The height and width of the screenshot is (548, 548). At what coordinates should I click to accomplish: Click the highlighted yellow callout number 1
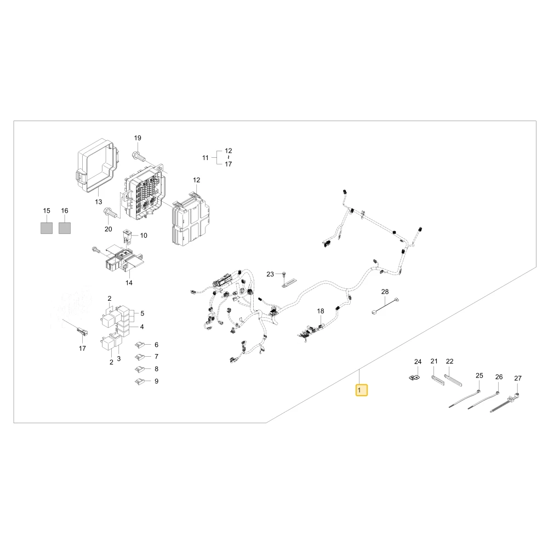coord(361,390)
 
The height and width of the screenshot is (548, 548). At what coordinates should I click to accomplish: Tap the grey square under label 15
coord(47,228)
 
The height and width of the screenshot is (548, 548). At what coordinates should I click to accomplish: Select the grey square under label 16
coord(64,228)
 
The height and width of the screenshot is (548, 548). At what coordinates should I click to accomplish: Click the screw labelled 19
coord(139,155)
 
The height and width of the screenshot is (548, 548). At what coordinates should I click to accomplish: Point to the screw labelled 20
coord(109,212)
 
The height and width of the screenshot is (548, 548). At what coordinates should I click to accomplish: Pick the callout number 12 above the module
coord(197,180)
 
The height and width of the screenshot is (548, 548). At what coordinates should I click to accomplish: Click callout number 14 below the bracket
coord(129,283)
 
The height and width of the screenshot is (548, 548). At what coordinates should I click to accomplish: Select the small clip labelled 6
coord(140,345)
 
